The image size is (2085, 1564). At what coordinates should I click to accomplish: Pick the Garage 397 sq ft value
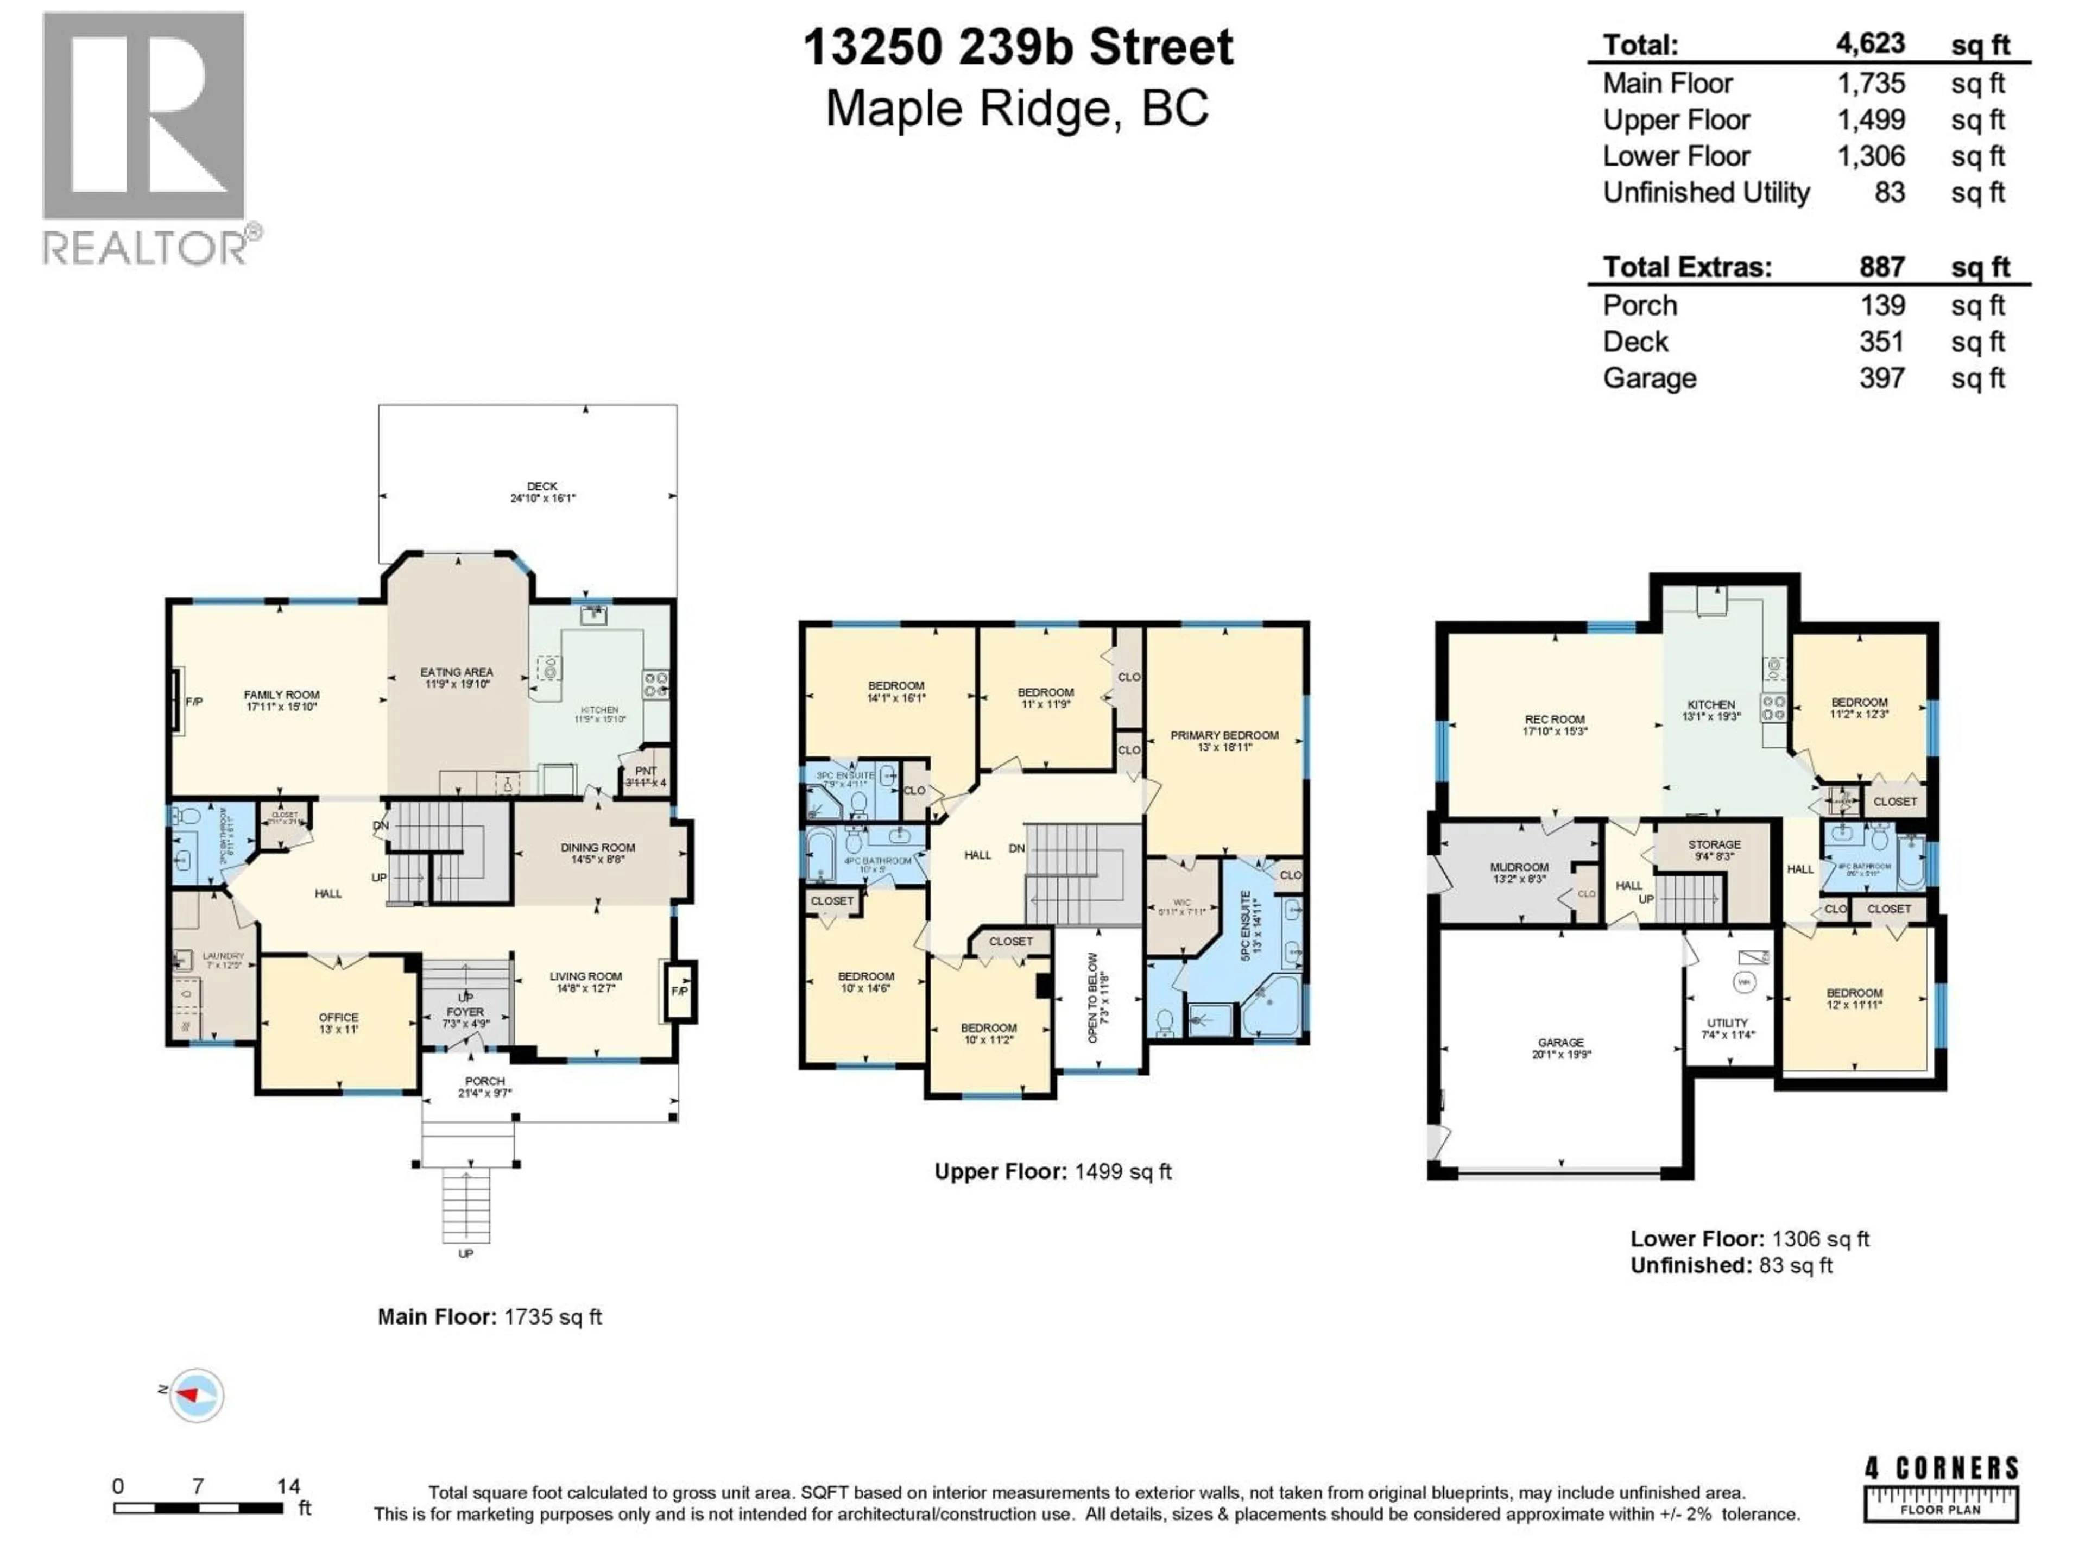point(1881,378)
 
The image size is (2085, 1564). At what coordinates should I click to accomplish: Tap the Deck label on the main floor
point(542,487)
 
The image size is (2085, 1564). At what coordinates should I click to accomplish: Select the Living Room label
point(585,976)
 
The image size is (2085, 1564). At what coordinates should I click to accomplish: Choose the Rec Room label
point(1555,720)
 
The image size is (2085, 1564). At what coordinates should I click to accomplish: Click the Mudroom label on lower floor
point(1519,867)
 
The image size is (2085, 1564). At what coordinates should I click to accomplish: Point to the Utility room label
point(1727,1023)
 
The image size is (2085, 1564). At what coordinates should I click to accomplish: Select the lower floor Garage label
point(1561,1043)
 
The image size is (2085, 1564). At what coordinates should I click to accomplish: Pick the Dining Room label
point(598,848)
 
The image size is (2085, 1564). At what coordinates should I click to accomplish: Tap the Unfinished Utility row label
point(1706,192)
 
